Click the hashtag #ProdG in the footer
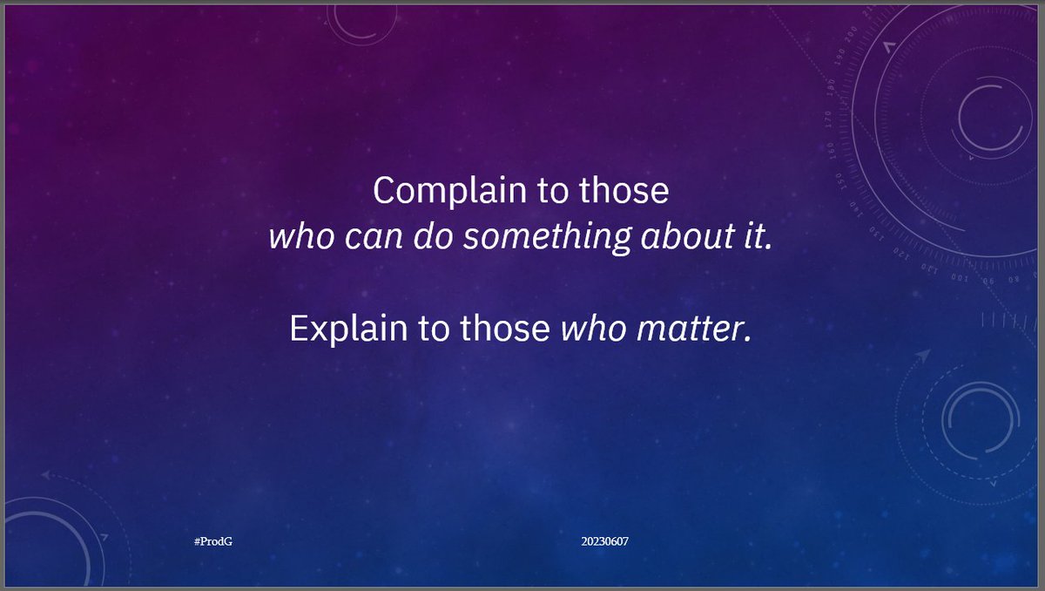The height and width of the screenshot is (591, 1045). click(213, 541)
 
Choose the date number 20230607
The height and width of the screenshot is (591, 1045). click(605, 541)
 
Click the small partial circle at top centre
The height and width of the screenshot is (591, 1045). click(362, 22)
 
